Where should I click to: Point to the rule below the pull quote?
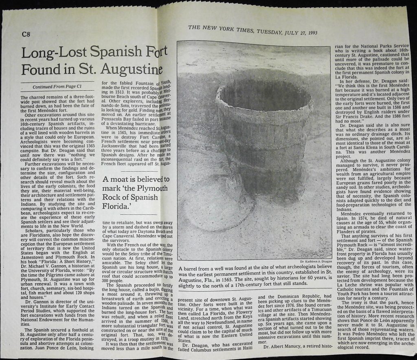(134, 214)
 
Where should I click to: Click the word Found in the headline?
(40, 70)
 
